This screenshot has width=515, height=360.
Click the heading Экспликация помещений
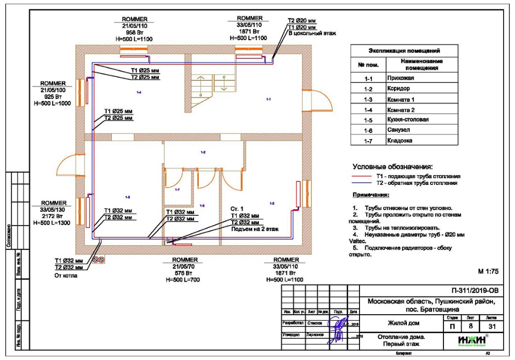(405, 51)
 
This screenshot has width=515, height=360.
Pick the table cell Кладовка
(401, 140)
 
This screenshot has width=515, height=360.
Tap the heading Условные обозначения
(392, 167)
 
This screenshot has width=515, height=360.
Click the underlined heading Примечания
(371, 196)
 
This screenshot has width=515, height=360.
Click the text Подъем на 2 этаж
(254, 229)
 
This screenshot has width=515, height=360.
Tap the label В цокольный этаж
(312, 33)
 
